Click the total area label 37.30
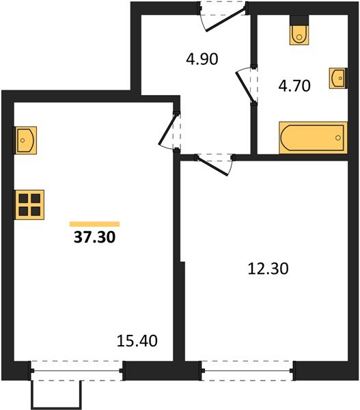coord(95,237)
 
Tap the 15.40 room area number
coord(137,341)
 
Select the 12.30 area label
coord(268,269)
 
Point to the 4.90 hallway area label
coord(202,59)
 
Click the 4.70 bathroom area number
coord(294,86)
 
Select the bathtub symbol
coord(313,137)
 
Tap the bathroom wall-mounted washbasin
coord(337,78)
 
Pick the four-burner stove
coord(29,205)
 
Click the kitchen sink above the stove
coord(26,140)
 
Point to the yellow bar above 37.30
coord(95,224)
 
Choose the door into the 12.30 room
coord(213,166)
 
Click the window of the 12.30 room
coord(247,370)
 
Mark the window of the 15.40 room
coord(77,370)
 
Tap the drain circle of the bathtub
coord(338,138)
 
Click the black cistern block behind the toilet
coord(299,20)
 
